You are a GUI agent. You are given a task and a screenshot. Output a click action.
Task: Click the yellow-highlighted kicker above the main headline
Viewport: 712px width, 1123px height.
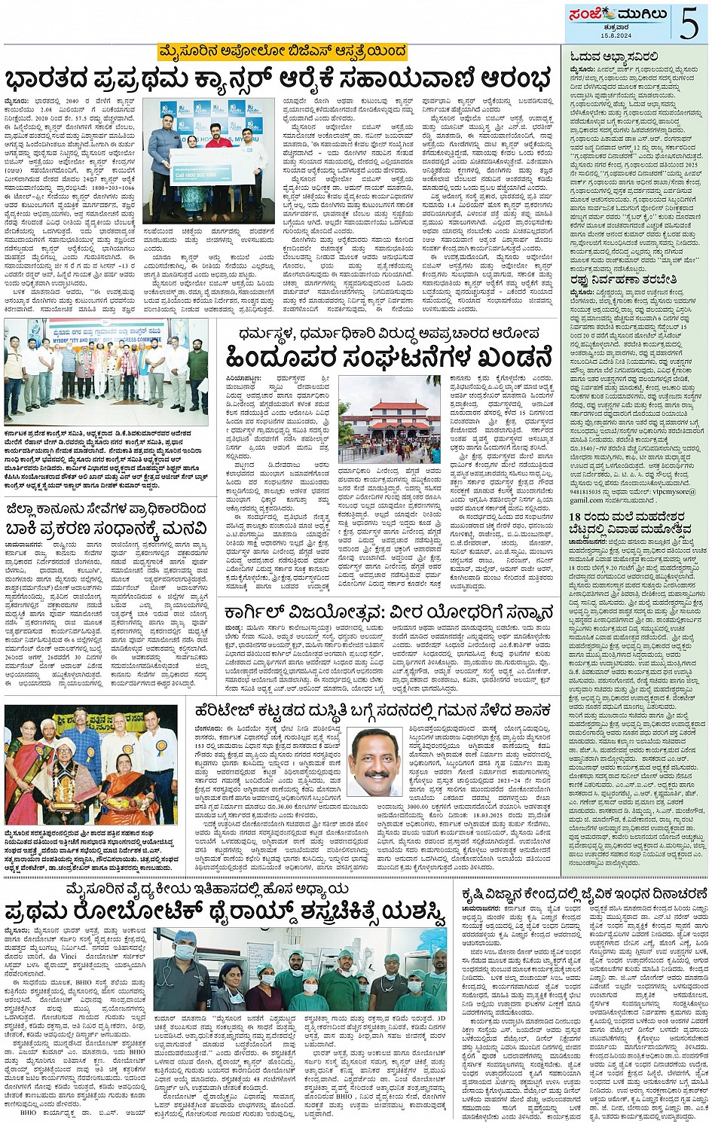click(282, 51)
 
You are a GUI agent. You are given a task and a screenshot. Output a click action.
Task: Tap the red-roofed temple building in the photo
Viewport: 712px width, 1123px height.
click(389, 420)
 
